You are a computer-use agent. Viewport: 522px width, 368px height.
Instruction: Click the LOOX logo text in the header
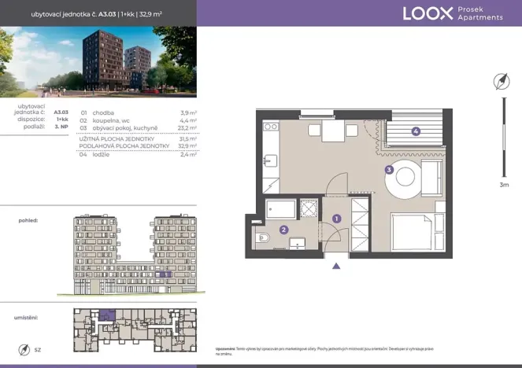point(428,13)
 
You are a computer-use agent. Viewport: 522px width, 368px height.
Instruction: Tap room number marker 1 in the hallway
point(336,218)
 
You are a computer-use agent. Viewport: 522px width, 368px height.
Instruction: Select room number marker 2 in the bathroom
point(284,230)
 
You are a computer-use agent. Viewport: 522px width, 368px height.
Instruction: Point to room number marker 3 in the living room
point(388,169)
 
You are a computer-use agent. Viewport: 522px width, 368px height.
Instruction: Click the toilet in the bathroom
point(262,235)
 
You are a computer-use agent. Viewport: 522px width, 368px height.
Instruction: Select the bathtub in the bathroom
point(281,208)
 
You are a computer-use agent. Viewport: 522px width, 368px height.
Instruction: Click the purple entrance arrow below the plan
point(336,266)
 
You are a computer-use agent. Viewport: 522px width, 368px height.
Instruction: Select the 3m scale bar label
point(504,186)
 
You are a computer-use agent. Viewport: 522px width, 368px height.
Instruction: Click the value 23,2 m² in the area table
point(187,127)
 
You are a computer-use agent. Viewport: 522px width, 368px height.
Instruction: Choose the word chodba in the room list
point(103,112)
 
